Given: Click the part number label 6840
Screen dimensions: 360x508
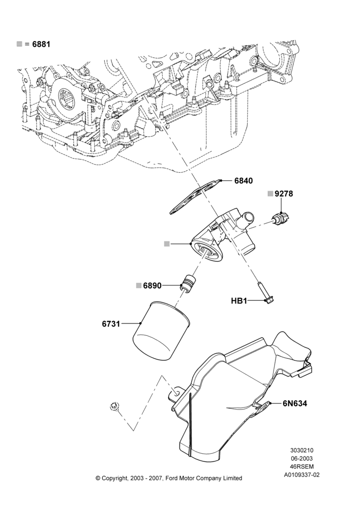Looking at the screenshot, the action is (x=243, y=181).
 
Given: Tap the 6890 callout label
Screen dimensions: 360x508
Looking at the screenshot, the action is (x=152, y=285).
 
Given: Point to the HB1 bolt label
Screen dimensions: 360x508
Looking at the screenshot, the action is (x=239, y=301).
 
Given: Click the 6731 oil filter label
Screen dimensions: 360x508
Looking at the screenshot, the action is (x=111, y=323).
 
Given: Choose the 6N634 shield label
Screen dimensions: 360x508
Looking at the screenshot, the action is (x=295, y=403).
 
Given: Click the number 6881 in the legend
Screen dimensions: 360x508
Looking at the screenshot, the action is (x=41, y=44).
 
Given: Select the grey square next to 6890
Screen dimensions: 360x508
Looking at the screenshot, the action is (x=139, y=285).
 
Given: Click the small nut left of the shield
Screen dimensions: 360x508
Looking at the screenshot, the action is (x=113, y=405).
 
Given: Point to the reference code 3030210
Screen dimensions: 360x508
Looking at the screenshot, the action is (x=302, y=450).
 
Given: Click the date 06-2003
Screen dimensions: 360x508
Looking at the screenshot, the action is (x=302, y=458).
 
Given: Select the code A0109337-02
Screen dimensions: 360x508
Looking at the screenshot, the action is (x=302, y=475).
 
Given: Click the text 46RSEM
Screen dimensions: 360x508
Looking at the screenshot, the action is (x=302, y=466).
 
